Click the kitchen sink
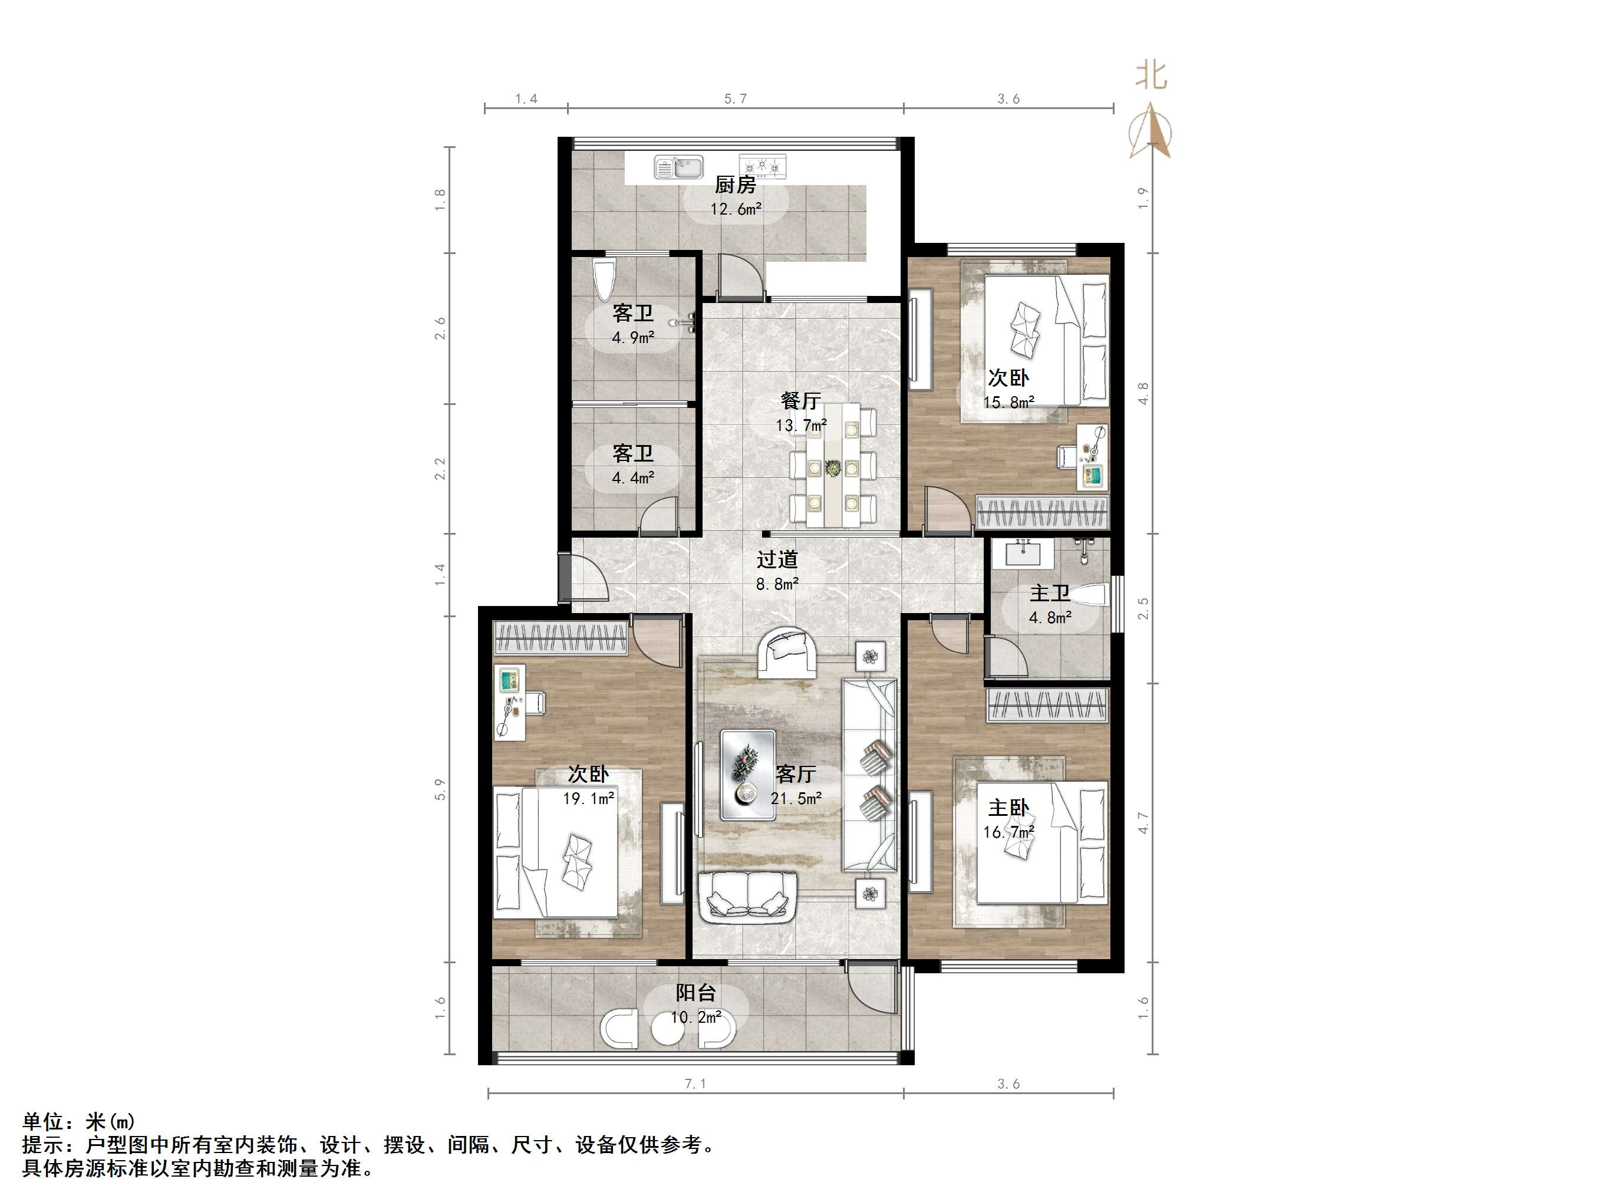click(678, 167)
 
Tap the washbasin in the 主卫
click(1023, 553)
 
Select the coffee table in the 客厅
click(747, 775)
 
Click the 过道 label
click(777, 559)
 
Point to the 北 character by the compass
click(1151, 75)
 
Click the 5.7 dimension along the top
click(735, 99)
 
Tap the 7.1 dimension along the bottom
click(695, 1085)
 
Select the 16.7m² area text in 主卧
click(1008, 832)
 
